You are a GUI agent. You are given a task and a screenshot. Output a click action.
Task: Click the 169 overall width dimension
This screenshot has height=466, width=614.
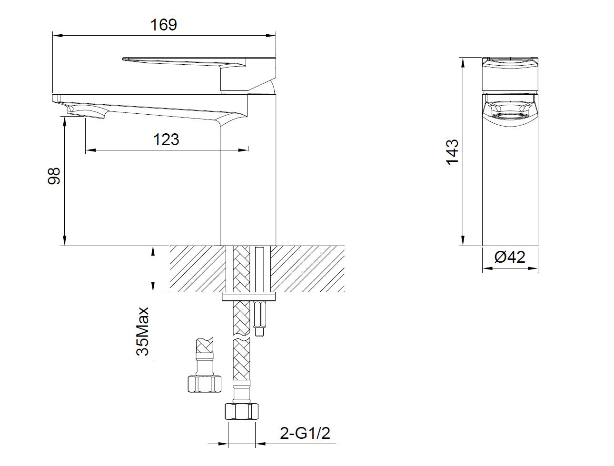pos(164,24)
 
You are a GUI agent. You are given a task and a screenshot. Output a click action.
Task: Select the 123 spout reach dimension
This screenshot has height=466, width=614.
pos(166,139)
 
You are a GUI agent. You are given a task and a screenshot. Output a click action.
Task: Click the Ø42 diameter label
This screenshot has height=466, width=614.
pos(510,257)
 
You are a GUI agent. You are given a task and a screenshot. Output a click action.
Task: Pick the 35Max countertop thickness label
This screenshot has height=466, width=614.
pos(143,331)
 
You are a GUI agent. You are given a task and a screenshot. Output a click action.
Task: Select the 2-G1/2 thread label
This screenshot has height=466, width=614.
pos(305,433)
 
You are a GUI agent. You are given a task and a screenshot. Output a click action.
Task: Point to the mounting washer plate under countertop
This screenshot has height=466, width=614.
pos(249,297)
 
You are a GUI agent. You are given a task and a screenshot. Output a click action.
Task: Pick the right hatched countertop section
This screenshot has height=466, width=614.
pos(308,269)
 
